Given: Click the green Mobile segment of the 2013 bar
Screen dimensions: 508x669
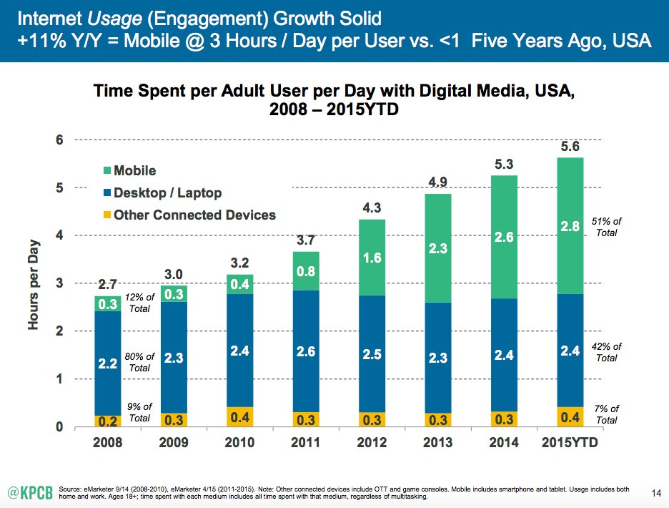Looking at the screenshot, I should click(x=437, y=248).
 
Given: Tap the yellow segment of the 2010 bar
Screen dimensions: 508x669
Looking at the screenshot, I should click(x=239, y=417).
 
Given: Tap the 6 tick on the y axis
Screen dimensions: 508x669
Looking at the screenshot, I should click(x=62, y=140).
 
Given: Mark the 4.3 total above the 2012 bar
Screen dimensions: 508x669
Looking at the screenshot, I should click(x=371, y=208).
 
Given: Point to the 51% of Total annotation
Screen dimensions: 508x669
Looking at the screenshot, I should click(x=605, y=227).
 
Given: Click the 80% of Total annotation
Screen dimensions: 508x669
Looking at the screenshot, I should click(x=139, y=362).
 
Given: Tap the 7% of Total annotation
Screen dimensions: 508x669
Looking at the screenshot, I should click(x=605, y=414).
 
